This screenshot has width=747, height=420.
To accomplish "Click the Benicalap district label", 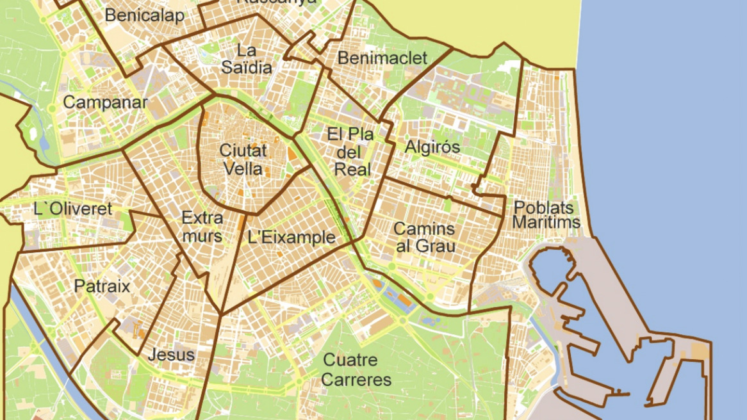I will pyautogui.click(x=144, y=15).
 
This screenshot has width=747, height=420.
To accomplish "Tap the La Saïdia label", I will pyautogui.click(x=246, y=58).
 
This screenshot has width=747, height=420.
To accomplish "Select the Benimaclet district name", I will pyautogui.click(x=382, y=58).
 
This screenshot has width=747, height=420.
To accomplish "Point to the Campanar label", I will pyautogui.click(x=105, y=102).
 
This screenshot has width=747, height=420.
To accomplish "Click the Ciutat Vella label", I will pyautogui.click(x=243, y=159).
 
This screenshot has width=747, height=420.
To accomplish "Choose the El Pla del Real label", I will pyautogui.click(x=350, y=152).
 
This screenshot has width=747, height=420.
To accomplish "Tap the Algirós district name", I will pyautogui.click(x=432, y=147).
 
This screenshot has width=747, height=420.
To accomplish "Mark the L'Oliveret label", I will pyautogui.click(x=73, y=209).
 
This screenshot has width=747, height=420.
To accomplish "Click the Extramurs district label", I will pyautogui.click(x=202, y=226).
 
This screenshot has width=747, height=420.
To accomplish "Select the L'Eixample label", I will pyautogui.click(x=291, y=238).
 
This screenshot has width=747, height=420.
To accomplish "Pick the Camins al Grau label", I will pyautogui.click(x=424, y=237).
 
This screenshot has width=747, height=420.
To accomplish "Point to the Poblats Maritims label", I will pyautogui.click(x=546, y=215).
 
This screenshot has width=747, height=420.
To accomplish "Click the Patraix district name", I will pyautogui.click(x=102, y=286).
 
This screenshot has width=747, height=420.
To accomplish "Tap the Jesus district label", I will pyautogui.click(x=171, y=354).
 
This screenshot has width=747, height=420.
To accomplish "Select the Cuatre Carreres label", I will pyautogui.click(x=356, y=369).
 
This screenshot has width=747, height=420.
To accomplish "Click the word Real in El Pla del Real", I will pyautogui.click(x=352, y=170).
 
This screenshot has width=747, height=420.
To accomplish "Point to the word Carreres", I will pyautogui.click(x=356, y=380).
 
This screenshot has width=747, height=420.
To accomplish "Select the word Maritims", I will pyautogui.click(x=546, y=223).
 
